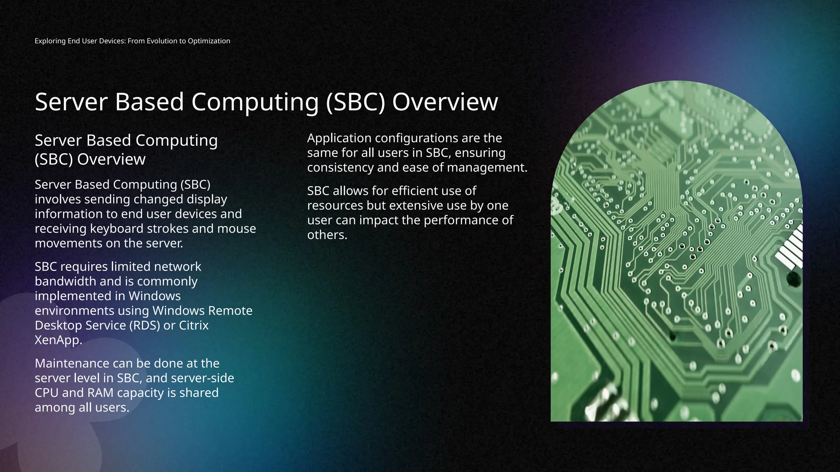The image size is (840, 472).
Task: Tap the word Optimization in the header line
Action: (209, 41)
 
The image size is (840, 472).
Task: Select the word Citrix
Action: (194, 325)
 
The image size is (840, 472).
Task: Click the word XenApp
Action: (58, 340)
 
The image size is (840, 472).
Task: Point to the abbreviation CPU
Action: (47, 393)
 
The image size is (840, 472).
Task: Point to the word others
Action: (327, 235)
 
